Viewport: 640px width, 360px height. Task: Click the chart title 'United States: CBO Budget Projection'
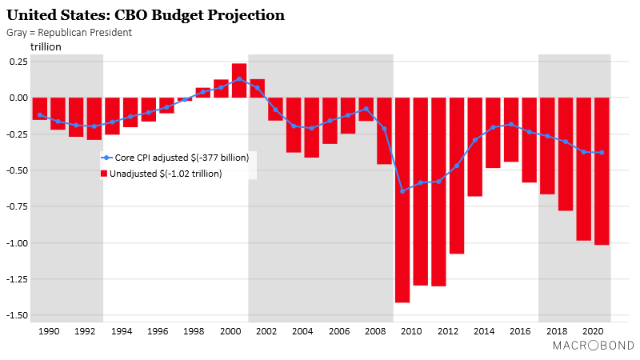point(146,15)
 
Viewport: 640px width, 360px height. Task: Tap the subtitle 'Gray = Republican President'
point(69,33)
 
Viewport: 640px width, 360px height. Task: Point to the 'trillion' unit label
point(46,47)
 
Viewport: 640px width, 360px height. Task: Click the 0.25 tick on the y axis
point(18,61)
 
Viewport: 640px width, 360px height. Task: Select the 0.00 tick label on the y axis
point(18,98)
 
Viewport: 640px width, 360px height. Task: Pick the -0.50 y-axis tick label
point(17,170)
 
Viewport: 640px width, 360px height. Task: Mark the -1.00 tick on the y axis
point(17,242)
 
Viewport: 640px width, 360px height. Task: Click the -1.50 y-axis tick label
point(17,314)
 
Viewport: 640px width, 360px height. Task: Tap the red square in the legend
point(102,173)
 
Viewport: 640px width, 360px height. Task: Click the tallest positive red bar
point(238,80)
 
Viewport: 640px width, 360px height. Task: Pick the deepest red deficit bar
point(402,200)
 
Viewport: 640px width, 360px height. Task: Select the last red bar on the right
point(602,170)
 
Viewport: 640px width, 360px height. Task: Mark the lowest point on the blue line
point(402,191)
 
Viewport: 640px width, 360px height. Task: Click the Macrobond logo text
point(593,346)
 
